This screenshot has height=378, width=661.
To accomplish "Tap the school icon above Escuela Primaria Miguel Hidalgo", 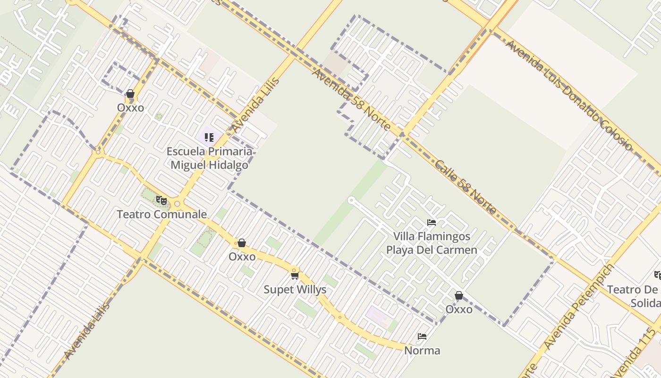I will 209,137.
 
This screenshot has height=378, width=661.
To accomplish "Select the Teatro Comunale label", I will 161,214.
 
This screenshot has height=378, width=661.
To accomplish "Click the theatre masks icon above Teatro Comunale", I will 161,200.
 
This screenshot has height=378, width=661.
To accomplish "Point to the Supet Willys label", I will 295,290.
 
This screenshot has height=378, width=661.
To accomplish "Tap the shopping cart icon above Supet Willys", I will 295,275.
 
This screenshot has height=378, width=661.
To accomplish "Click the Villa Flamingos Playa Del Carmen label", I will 432,243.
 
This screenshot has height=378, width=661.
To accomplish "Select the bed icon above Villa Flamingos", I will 432,222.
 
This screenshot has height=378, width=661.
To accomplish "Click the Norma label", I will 422,351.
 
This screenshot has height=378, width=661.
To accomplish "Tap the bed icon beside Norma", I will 422,336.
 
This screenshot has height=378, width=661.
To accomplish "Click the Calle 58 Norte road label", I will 465,187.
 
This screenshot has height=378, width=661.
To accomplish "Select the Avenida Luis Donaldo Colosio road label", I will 568,95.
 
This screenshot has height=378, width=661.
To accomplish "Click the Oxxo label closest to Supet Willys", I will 242,257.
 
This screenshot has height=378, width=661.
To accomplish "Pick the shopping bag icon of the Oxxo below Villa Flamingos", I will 458,295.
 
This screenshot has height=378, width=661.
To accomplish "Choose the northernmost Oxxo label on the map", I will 130,108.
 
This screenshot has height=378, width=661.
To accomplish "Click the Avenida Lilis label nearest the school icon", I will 255,105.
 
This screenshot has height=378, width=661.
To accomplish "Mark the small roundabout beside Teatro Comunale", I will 177,204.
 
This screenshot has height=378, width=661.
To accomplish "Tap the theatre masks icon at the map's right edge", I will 657,275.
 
